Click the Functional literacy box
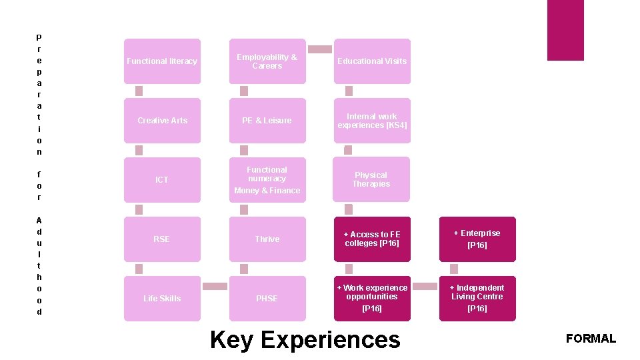(x=162, y=61)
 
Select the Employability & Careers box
(x=267, y=61)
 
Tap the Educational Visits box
(x=372, y=61)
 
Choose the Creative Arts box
(x=162, y=121)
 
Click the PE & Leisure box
(x=267, y=121)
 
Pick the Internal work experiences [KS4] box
(x=372, y=121)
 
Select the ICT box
(x=162, y=180)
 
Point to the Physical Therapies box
(x=371, y=179)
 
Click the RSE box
(x=162, y=239)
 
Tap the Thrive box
(x=267, y=239)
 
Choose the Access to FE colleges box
(x=372, y=239)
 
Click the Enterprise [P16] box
(x=477, y=239)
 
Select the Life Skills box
(x=162, y=299)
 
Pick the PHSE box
(x=267, y=299)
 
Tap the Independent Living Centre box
(x=477, y=299)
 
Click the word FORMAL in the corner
(x=591, y=339)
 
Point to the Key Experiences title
(x=305, y=340)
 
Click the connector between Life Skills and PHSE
(x=215, y=287)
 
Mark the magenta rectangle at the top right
(x=565, y=30)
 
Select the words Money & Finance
(x=267, y=191)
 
